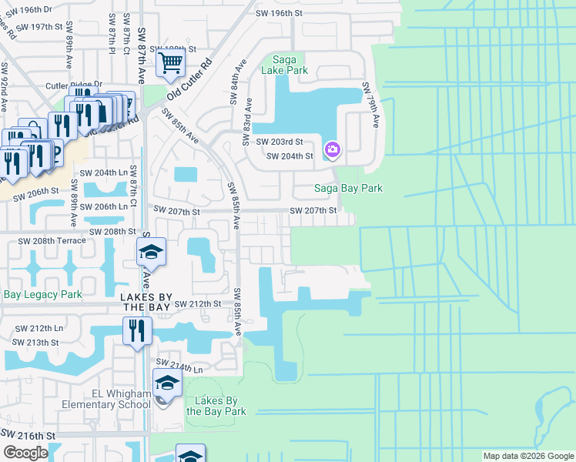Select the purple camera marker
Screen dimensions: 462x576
[332, 149]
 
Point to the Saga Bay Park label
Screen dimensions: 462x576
[347, 188]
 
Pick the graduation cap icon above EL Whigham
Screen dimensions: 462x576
[167, 382]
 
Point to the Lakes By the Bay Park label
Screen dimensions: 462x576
[216, 406]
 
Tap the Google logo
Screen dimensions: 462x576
[25, 453]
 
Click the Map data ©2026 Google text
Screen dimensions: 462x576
[527, 456]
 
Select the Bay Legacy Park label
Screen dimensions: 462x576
[42, 294]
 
